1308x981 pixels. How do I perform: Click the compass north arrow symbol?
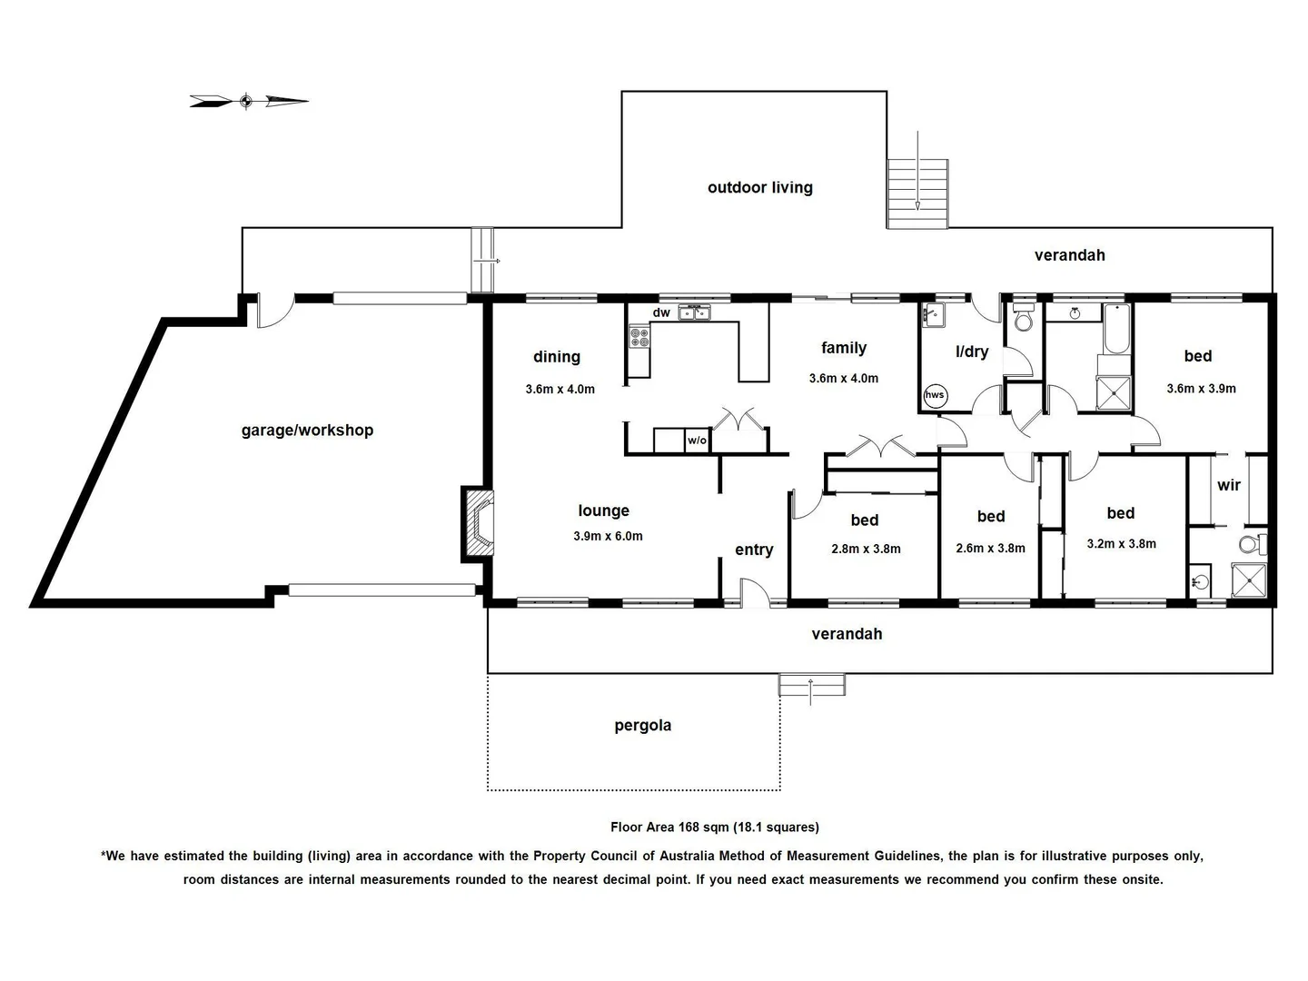248,101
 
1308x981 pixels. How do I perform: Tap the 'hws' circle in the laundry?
935,394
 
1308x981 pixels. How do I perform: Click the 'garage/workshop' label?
307,431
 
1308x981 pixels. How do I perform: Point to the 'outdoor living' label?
759,188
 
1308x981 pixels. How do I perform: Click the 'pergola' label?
642,726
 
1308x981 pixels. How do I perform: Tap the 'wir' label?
1228,486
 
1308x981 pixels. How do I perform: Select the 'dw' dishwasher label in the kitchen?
661,313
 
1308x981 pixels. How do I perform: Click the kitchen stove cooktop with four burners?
639,338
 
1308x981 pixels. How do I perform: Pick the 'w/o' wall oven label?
696,441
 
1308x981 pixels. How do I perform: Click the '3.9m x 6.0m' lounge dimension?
608,537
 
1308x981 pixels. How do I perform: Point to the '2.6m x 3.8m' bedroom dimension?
990,549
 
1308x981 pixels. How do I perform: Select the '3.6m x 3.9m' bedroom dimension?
1201,389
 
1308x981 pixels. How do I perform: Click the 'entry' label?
754,550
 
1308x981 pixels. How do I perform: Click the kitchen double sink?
696,313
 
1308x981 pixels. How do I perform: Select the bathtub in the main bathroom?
1115,329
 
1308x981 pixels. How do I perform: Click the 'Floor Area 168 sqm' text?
714,827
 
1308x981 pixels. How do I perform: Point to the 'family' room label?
843,348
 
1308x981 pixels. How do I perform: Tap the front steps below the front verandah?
811,685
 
